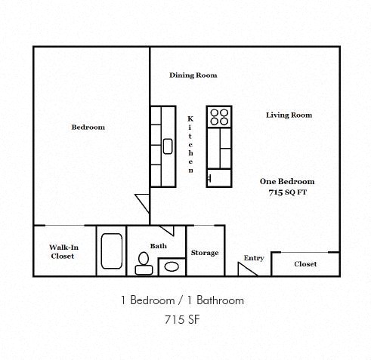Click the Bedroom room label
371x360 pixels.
click(88, 128)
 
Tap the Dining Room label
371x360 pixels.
click(193, 75)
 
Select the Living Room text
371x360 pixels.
click(289, 115)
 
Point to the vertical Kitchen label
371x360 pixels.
click(190, 145)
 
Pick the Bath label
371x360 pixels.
click(158, 246)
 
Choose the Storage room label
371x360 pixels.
click(204, 253)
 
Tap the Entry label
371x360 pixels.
click(254, 258)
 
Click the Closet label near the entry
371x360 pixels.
click(305, 264)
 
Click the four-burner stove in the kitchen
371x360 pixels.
click(219, 117)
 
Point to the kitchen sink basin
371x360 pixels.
click(168, 146)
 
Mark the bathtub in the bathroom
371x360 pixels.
click(112, 251)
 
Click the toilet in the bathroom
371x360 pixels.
click(142, 263)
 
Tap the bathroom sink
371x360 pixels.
click(172, 266)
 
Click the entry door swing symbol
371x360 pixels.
click(247, 269)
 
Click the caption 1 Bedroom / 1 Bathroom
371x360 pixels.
click(182, 300)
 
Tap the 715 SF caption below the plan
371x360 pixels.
click(182, 319)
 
